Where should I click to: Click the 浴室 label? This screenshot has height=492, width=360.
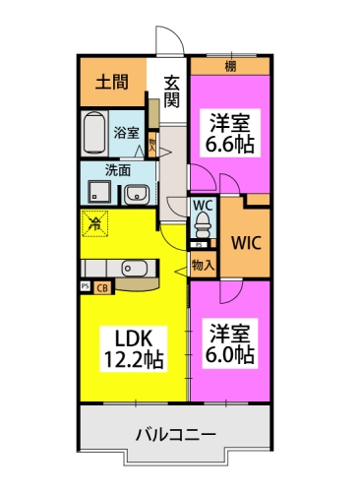click(126, 131)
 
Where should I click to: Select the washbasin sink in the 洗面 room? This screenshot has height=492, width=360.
click(136, 192)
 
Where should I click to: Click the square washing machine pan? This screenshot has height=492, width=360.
click(98, 191)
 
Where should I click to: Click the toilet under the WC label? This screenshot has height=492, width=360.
click(203, 227)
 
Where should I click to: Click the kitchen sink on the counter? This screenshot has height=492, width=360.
click(133, 267)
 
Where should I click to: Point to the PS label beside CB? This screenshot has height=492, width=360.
click(85, 287)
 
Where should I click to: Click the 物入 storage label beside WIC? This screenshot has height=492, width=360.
click(202, 265)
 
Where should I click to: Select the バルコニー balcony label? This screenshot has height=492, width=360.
click(175, 433)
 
